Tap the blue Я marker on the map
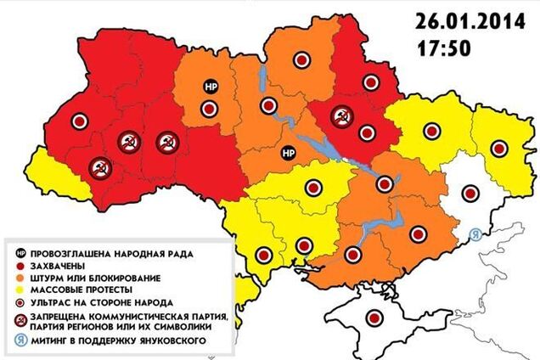pos(476,237)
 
